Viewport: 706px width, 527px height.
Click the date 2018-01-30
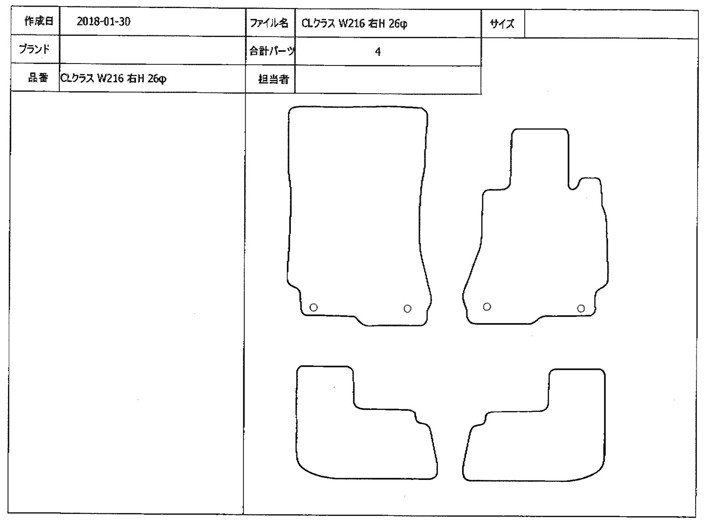click(x=103, y=22)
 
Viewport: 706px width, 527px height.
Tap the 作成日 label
click(x=39, y=21)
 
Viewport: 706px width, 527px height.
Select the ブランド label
click(x=34, y=49)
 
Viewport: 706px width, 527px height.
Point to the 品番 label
click(x=38, y=78)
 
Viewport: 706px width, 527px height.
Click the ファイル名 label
click(x=269, y=23)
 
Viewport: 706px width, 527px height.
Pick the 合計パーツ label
click(x=272, y=51)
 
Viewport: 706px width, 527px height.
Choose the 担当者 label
click(x=273, y=79)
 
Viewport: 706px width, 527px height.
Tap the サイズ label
click(x=502, y=24)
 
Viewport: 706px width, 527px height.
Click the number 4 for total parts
click(x=377, y=51)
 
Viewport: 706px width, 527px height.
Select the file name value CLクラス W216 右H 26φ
click(x=354, y=24)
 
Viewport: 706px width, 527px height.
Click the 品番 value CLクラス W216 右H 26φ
click(x=113, y=78)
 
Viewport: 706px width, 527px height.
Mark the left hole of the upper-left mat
click(x=313, y=307)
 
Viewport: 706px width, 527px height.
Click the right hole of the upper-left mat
click(x=407, y=309)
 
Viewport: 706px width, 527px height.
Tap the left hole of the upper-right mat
click(x=487, y=307)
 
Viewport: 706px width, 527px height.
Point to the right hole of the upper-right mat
click(x=581, y=309)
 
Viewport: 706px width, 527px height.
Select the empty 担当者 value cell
click(x=388, y=80)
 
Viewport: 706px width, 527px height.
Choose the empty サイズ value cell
click(x=611, y=24)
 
